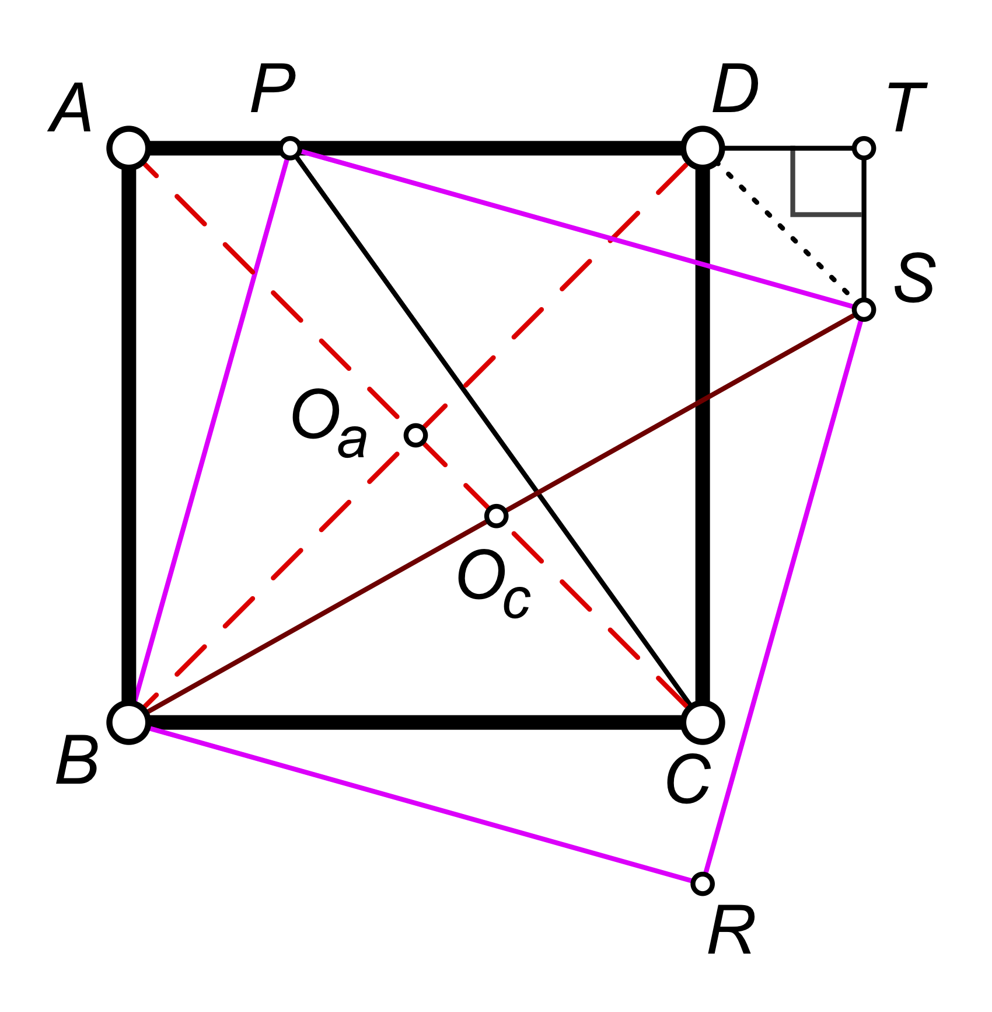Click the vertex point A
click(129, 148)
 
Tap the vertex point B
click(129, 722)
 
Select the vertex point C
click(703, 722)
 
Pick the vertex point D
click(703, 148)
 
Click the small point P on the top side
click(290, 148)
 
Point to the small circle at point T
click(863, 148)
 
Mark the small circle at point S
click(863, 309)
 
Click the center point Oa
click(415, 435)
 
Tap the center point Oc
click(496, 516)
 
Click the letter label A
click(71, 109)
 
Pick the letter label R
click(731, 931)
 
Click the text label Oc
click(493, 584)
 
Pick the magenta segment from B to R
click(415, 803)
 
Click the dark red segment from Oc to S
click(680, 412)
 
